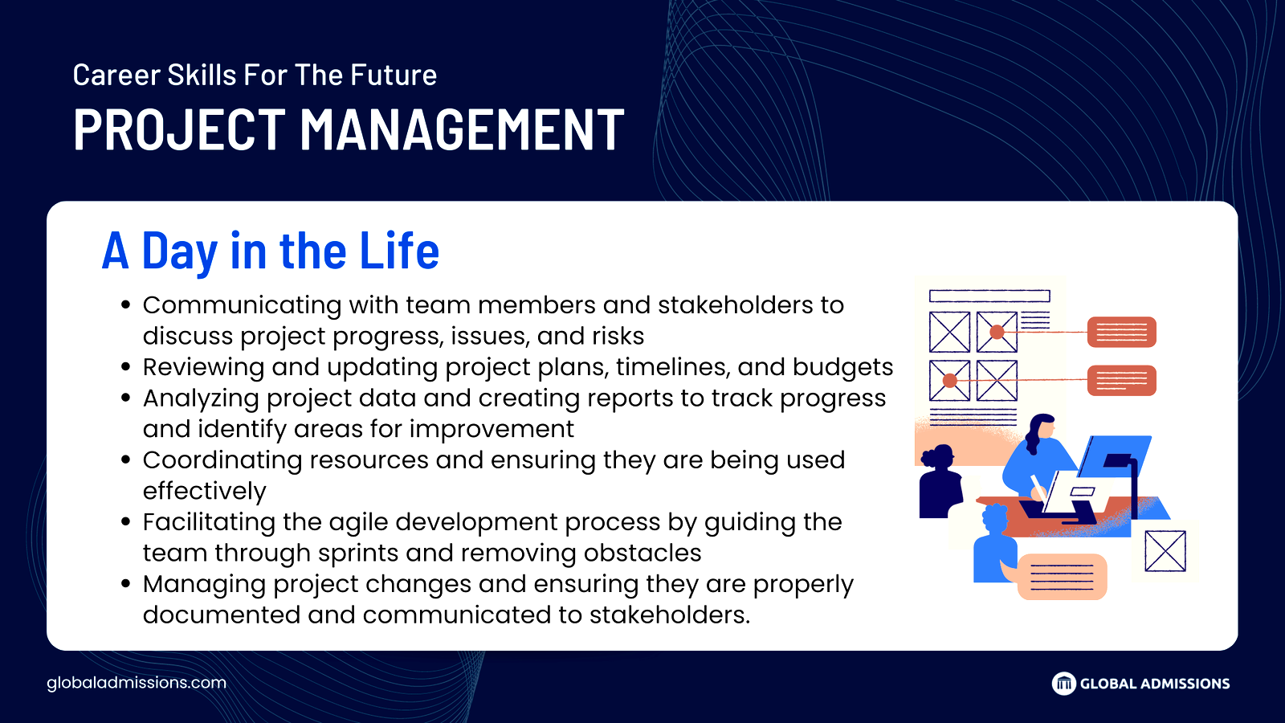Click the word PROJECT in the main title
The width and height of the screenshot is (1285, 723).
pos(179,129)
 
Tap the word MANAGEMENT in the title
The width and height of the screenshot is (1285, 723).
pos(463,129)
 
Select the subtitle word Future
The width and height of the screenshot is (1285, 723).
pos(394,75)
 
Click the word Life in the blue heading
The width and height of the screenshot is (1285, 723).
pos(399,250)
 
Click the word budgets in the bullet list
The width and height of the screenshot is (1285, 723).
pos(842,367)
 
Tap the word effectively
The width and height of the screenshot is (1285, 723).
pos(204,491)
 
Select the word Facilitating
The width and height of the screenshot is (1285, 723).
pos(209,523)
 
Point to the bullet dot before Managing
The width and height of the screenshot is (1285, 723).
pos(126,585)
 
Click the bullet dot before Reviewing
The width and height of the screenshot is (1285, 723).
pos(126,368)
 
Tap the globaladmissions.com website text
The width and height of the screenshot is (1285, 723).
pos(137,683)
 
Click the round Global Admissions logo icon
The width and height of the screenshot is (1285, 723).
pos(1063,684)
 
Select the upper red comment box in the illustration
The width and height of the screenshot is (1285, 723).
pos(1121,332)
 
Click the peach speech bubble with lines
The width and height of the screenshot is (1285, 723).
pos(1062,577)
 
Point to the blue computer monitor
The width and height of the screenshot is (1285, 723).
pos(1115,456)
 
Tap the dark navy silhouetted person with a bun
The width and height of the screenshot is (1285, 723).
pos(940,482)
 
